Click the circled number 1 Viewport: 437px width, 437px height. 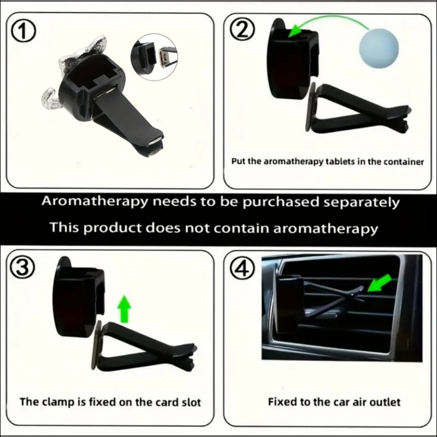[x=23, y=32]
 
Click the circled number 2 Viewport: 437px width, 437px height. [x=242, y=31]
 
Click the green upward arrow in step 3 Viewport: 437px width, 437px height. [x=124, y=309]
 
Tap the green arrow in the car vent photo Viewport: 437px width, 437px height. [x=380, y=282]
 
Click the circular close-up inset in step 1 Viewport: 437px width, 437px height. [x=154, y=57]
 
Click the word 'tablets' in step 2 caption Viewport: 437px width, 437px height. [x=340, y=162]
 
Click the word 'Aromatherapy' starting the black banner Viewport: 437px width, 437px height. [x=95, y=202]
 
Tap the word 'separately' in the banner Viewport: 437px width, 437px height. [x=362, y=203]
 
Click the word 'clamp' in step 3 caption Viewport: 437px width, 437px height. [x=58, y=402]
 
